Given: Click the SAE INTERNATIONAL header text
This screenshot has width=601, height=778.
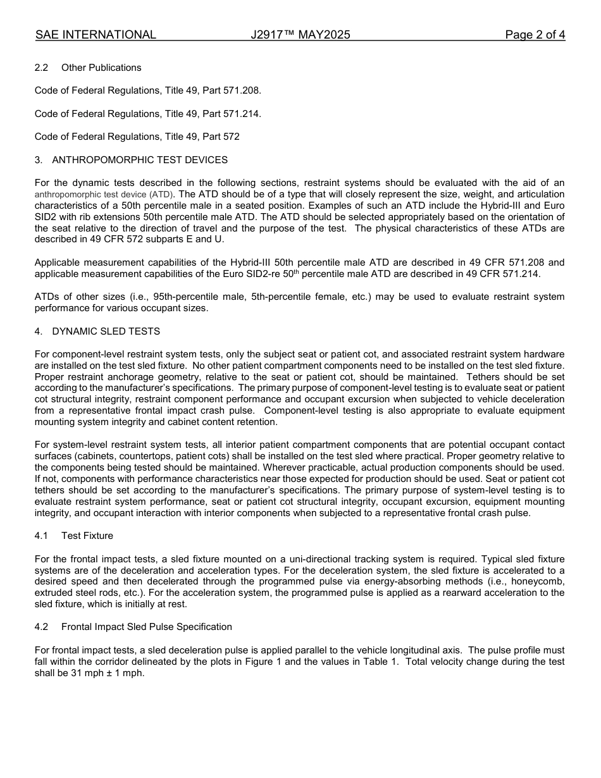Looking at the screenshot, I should tap(96, 35).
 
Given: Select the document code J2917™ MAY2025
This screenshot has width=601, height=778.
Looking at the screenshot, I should tap(300, 35).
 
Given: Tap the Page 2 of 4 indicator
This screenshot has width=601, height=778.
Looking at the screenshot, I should tap(535, 35).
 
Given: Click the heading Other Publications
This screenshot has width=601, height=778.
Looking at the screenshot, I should tap(101, 68).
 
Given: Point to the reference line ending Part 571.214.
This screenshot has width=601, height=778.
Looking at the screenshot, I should tap(148, 114).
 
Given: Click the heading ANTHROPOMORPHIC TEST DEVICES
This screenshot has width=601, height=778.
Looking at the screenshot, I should tap(140, 160).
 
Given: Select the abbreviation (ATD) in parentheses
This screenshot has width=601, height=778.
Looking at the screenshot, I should tap(161, 195).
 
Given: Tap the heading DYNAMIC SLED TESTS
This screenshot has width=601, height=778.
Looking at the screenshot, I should tap(106, 331).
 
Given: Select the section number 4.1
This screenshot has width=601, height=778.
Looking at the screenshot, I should tap(42, 536).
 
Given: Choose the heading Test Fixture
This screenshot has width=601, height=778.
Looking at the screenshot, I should tap(87, 536).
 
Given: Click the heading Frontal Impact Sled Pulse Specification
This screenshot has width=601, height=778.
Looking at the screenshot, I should tap(147, 627).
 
